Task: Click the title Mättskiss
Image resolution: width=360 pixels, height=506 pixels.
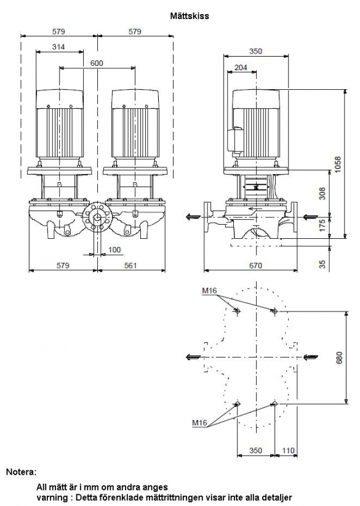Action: coord(190,16)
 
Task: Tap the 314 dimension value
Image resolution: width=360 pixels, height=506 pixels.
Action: coord(58,47)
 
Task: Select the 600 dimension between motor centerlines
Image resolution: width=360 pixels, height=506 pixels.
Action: coord(97,63)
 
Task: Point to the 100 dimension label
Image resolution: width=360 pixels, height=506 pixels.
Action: coord(114,249)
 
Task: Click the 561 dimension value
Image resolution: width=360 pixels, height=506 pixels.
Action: coord(130,265)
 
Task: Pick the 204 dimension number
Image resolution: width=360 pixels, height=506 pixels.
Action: coord(241,67)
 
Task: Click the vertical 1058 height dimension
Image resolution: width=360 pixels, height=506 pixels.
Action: coord(337,164)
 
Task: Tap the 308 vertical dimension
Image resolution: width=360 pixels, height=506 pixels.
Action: coord(322,193)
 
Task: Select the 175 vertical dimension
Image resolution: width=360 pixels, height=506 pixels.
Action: coord(322,225)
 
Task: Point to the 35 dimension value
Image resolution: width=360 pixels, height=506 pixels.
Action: coord(322,265)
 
